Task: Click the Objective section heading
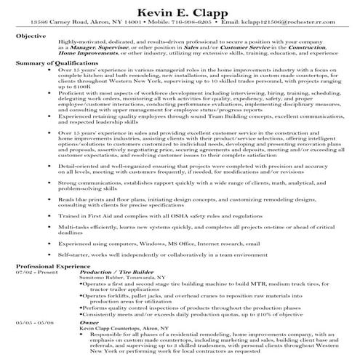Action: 32,35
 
